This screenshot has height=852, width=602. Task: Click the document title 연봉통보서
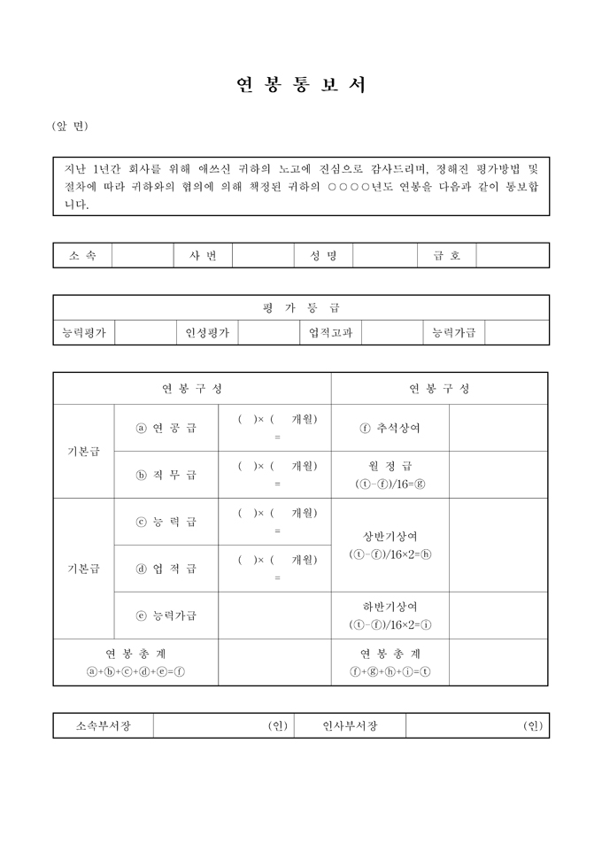coord(301,85)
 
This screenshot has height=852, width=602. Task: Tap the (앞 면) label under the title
coord(70,127)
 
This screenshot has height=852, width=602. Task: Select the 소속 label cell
coord(82,255)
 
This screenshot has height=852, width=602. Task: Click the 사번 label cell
coord(203,255)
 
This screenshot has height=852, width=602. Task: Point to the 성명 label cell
coord(323,255)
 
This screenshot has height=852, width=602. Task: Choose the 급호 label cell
coord(446,255)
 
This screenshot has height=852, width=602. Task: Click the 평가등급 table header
coord(301,307)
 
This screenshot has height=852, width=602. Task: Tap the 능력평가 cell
coord(83,333)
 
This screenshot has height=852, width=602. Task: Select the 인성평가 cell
coord(207,333)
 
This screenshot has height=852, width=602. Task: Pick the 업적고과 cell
coord(330,333)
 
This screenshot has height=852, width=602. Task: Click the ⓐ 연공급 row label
coord(166,428)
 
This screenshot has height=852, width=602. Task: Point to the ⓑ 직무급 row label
coord(166,475)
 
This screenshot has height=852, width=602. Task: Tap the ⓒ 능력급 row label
coord(166,522)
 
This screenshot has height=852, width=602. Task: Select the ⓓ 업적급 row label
coord(166,569)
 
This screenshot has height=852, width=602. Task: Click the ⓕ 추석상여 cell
coord(390,428)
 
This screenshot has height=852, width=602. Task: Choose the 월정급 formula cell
coord(390,475)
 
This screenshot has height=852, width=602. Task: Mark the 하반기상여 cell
coord(390,616)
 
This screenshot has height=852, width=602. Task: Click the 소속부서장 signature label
coord(103,726)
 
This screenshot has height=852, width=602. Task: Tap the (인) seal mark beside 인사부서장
coord(532,726)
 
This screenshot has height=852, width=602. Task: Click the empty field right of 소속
coord(142,255)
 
